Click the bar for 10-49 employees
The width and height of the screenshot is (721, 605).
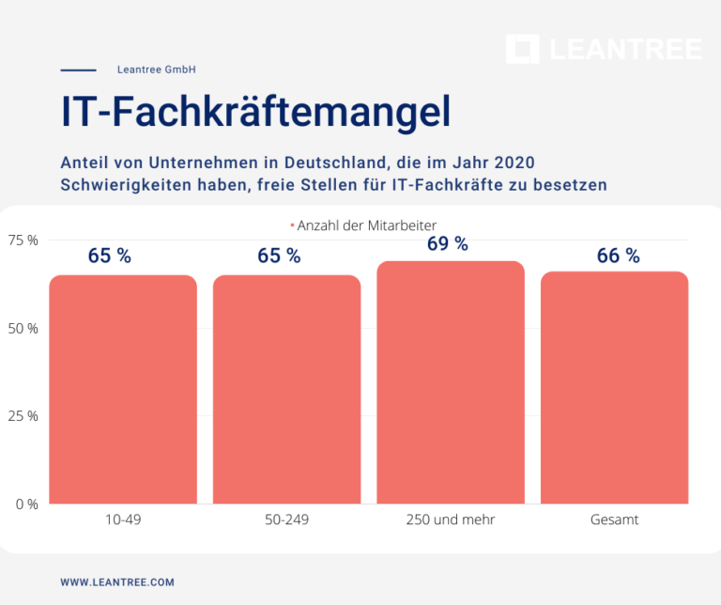coord(123,389)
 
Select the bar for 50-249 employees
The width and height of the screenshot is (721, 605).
coord(286,389)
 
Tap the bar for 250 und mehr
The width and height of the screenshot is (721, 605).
coord(451,382)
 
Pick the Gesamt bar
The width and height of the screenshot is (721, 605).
coord(614,387)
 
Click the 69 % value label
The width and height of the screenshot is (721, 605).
coord(448,244)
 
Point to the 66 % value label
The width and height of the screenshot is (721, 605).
coord(618,256)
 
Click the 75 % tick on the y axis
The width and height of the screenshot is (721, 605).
coord(23,240)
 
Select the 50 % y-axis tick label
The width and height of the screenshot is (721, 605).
coord(23,329)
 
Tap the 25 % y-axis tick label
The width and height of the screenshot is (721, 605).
coord(23,416)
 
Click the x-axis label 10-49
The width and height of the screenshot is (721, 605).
coord(123,520)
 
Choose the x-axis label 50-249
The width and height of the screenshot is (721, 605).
coord(286,520)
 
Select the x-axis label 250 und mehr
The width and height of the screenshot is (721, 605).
coord(451,520)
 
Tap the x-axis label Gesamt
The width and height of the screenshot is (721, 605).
coord(614,520)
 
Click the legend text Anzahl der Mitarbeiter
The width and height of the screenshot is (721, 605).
coord(367,225)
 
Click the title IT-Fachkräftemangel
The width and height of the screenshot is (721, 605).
coord(255,111)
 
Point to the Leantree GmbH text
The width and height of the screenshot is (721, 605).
coord(157,70)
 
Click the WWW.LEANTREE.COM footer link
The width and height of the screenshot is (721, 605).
coord(117,582)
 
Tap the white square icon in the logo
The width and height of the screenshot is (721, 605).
coord(522,50)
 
